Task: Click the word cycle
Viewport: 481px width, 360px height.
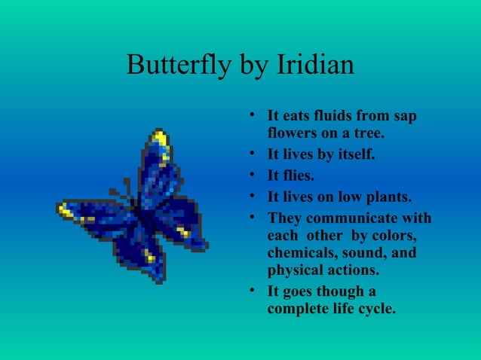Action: pos(375,308)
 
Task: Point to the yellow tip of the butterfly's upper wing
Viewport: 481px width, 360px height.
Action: pos(160,138)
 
